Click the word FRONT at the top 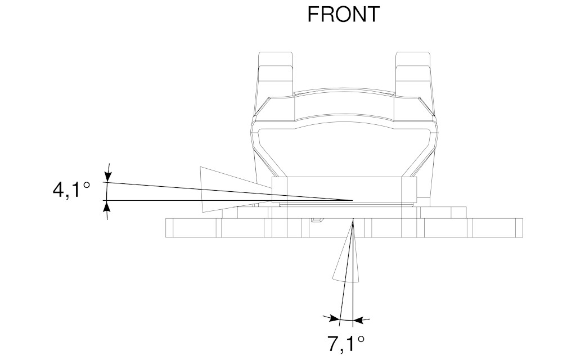click(343, 15)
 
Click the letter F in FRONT click(313, 15)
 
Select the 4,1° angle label click(71, 190)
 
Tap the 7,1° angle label click(346, 344)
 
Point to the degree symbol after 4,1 click(86, 185)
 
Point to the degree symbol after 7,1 click(361, 339)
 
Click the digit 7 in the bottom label click(333, 344)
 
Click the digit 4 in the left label click(59, 190)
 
